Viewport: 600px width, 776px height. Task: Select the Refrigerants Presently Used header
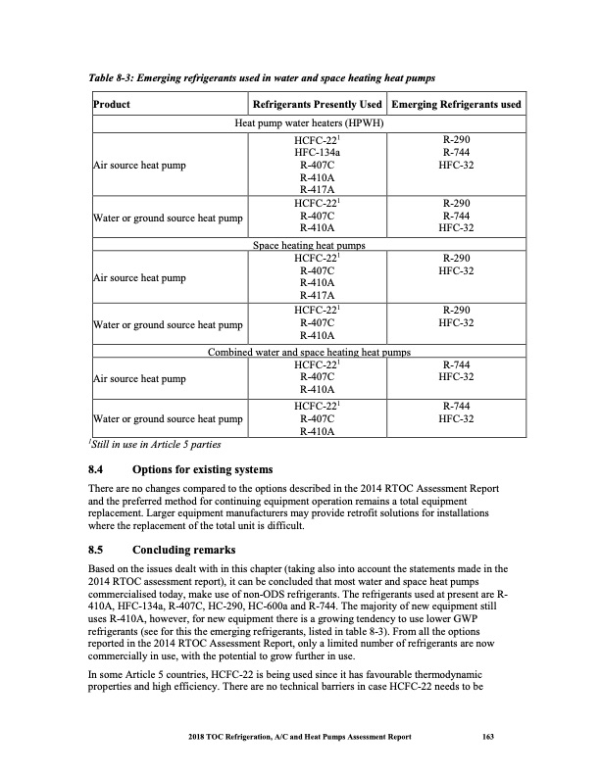click(x=317, y=105)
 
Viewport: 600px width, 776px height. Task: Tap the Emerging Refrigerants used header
click(x=456, y=105)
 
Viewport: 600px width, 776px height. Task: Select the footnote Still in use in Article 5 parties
click(x=148, y=445)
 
